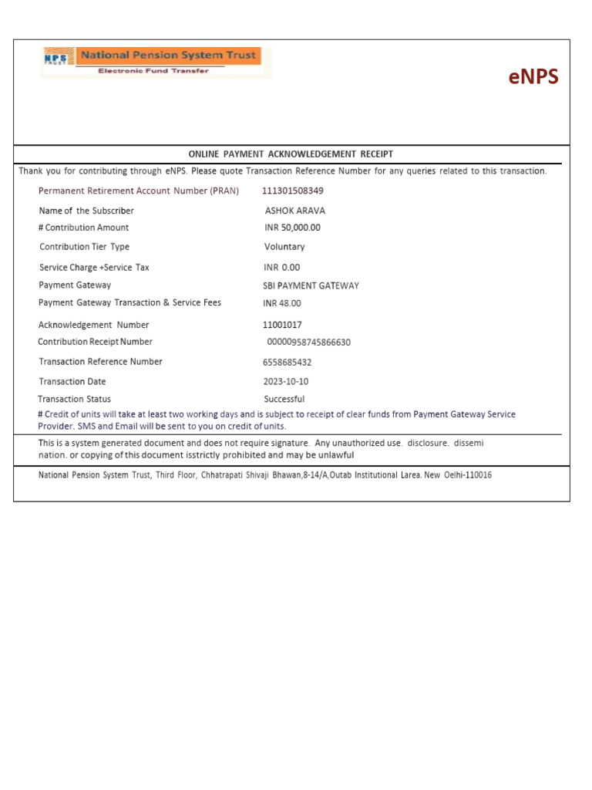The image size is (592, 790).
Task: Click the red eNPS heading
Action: [x=533, y=78]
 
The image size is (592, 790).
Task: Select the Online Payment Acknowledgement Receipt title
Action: [x=291, y=154]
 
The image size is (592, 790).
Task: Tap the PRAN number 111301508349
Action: [x=293, y=191]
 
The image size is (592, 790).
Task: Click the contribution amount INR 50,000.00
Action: [x=292, y=228]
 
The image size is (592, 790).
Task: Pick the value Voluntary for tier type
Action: [x=284, y=247]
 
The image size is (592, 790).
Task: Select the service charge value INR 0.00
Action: [x=281, y=268]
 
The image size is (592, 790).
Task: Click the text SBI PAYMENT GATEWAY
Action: [x=311, y=285]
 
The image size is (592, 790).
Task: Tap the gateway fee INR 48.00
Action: [x=282, y=304]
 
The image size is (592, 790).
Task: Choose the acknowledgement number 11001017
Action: [x=283, y=325]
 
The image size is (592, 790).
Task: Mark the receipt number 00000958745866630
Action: [x=308, y=342]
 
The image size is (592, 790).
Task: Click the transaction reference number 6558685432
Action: [x=288, y=363]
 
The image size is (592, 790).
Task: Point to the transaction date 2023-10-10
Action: [x=287, y=382]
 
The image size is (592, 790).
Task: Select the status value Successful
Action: [x=284, y=400]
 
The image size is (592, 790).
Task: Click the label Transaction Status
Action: [x=75, y=400]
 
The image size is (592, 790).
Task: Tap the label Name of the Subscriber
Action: [x=86, y=211]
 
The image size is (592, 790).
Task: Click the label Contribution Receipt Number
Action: [x=96, y=342]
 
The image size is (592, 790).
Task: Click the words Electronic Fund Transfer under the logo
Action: [x=153, y=71]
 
